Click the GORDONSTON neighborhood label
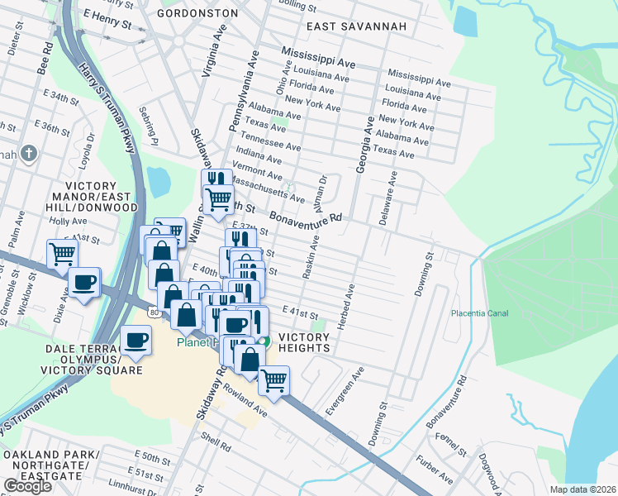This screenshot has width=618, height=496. click(x=197, y=13)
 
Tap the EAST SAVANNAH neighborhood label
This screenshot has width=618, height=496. click(x=357, y=26)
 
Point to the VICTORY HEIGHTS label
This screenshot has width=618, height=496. click(x=304, y=342)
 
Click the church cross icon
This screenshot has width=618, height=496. click(x=29, y=153)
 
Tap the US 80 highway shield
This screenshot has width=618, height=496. click(x=154, y=312)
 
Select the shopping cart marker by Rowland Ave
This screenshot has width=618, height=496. click(x=273, y=381)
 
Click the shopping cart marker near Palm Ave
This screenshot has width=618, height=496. click(x=62, y=254)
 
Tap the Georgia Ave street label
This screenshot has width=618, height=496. click(x=360, y=145)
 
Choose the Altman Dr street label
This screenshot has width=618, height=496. click(x=323, y=189)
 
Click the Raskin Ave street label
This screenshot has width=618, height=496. click(x=311, y=257)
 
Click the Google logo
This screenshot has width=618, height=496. click(x=27, y=485)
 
